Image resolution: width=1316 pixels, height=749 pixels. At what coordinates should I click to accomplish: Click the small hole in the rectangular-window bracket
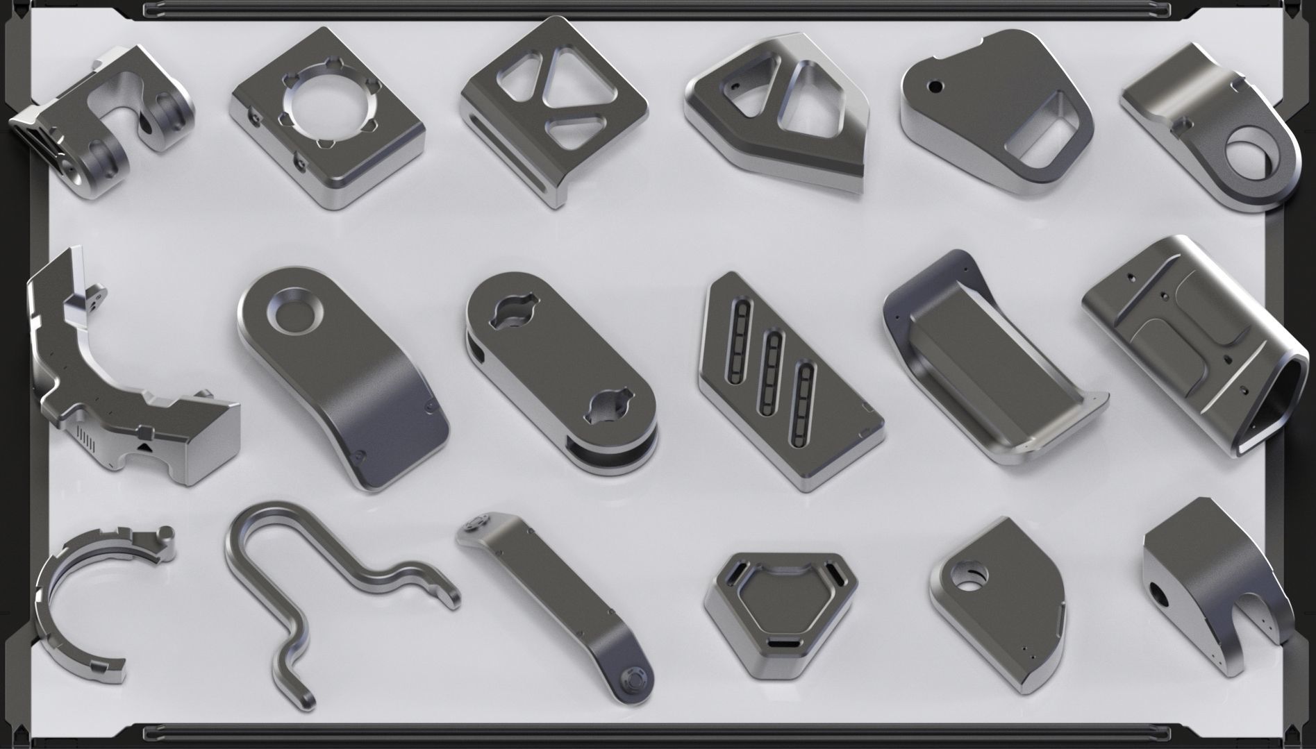(935, 87)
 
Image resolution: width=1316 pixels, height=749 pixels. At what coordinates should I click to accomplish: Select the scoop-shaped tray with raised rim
(986, 361)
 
